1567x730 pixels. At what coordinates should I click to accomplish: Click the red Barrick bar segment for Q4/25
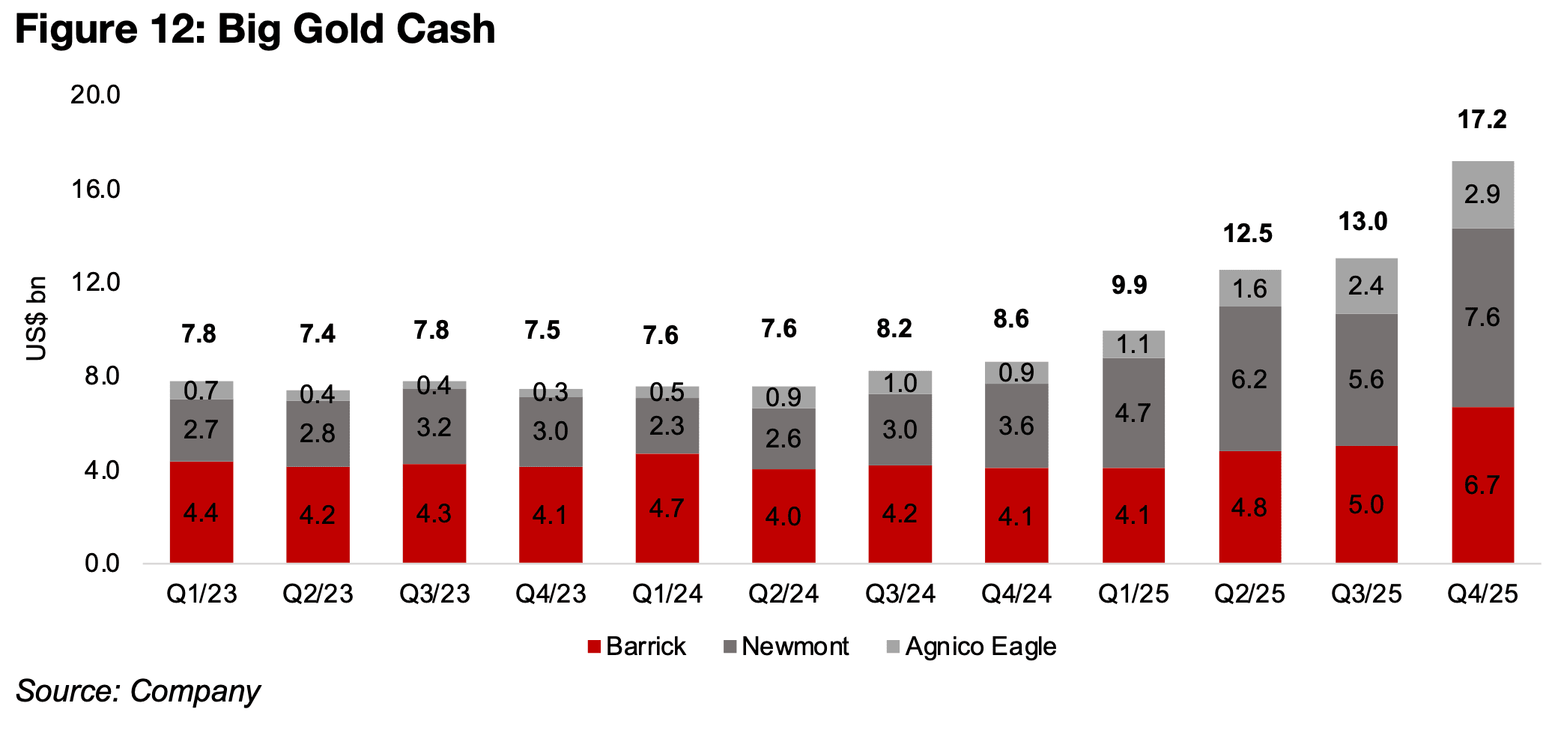click(1482, 484)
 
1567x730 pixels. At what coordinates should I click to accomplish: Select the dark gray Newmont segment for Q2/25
click(1249, 378)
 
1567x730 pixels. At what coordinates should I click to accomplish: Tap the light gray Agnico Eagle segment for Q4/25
click(1482, 194)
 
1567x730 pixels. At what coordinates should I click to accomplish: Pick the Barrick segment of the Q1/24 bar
click(667, 508)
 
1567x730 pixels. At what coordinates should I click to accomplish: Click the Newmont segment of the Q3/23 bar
click(434, 426)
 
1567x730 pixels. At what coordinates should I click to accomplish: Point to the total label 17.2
click(1482, 119)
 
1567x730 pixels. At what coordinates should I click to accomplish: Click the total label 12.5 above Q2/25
click(1247, 233)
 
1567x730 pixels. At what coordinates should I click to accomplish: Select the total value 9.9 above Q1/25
click(1129, 285)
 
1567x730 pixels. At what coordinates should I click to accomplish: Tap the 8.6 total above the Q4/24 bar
click(1011, 319)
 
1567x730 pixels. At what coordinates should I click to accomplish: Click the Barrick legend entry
click(637, 646)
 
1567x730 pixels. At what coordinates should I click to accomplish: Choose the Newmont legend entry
click(786, 646)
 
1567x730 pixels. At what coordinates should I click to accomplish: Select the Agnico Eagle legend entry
click(972, 646)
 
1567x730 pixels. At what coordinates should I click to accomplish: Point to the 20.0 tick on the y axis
click(95, 94)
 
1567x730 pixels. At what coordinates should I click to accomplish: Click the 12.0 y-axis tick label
click(95, 282)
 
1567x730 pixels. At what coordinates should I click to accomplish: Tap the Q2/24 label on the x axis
click(783, 594)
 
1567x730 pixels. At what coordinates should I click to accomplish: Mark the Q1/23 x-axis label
click(201, 594)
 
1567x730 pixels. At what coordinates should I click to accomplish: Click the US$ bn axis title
click(36, 319)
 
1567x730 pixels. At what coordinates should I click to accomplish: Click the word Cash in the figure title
click(446, 29)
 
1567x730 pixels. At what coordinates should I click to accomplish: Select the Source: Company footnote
click(138, 690)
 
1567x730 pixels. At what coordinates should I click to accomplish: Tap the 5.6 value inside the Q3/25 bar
click(1366, 378)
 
